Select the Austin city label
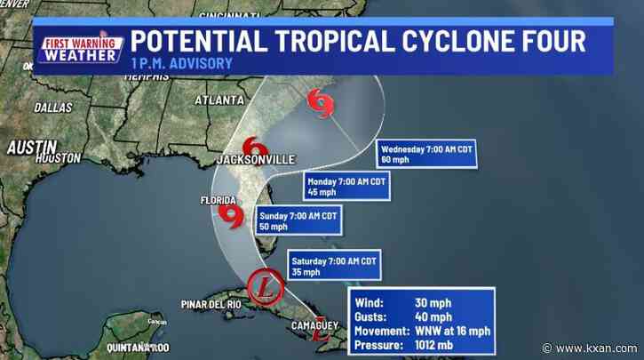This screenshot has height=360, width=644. tap(31, 147)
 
